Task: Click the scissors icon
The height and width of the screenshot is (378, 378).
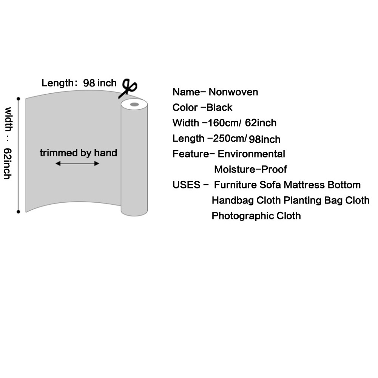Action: [x=129, y=88]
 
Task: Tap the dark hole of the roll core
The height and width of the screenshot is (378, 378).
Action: [x=134, y=104]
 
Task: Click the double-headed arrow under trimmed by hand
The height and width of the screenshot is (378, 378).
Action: [x=77, y=164]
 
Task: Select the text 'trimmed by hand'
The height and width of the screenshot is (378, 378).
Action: [x=78, y=153]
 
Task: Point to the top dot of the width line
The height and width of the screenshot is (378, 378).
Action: [x=18, y=99]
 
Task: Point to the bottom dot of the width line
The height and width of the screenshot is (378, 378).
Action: [x=18, y=212]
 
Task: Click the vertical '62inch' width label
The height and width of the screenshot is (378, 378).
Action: [x=8, y=163]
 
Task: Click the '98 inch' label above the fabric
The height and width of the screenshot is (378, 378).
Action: [x=100, y=83]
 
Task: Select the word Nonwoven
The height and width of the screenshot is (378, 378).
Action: [x=233, y=92]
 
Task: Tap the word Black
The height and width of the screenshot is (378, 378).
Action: [x=219, y=107]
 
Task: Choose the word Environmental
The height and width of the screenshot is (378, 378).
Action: [x=251, y=154]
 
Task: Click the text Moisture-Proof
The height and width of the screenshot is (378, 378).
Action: [x=250, y=169]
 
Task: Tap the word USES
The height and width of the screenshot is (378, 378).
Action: [x=186, y=185]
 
